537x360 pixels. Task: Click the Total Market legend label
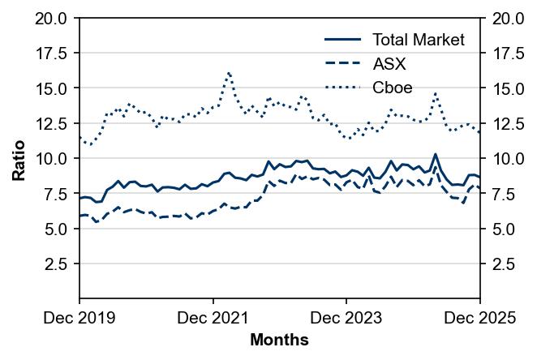[x=418, y=40]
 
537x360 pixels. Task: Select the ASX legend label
[x=389, y=64]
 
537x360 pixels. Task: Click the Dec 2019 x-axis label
[x=79, y=319]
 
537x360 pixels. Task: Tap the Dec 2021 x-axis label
[x=213, y=319]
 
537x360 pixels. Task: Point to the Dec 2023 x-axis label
[x=346, y=319]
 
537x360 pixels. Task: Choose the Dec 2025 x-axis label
[x=480, y=319]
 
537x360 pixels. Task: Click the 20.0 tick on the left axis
[x=50, y=18]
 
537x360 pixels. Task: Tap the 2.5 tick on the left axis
[x=57, y=264]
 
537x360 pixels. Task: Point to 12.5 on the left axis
[x=50, y=123]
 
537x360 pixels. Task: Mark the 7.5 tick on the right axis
[x=499, y=194]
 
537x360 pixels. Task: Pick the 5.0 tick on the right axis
[x=499, y=229]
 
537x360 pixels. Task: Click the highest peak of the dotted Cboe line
[x=229, y=72]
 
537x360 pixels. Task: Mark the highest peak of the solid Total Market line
[x=436, y=153]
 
